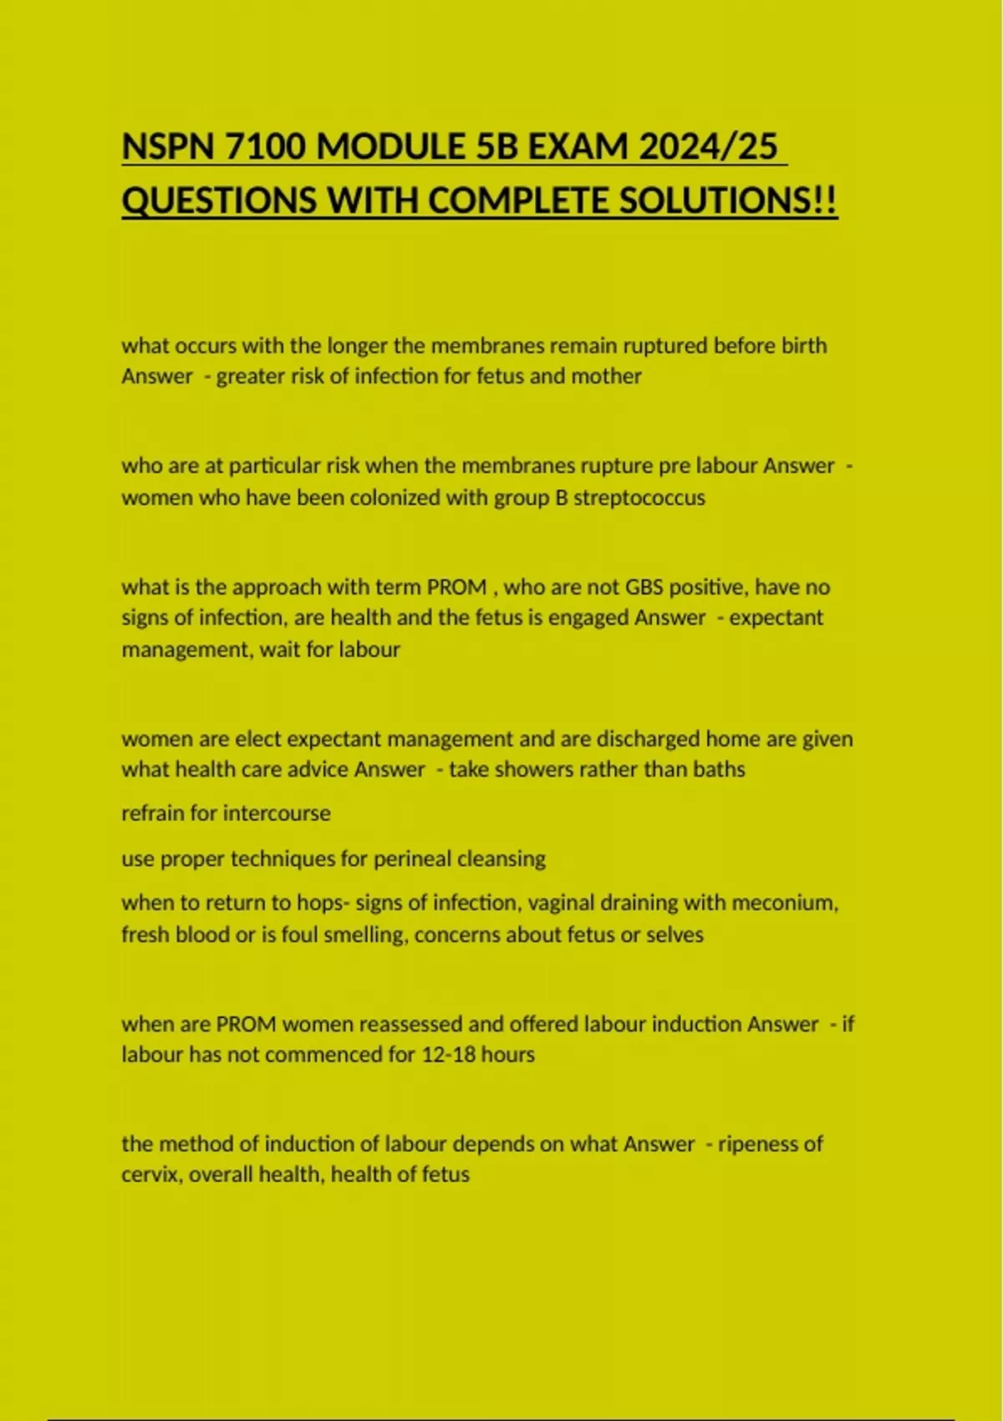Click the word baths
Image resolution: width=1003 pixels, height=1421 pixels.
tap(718, 769)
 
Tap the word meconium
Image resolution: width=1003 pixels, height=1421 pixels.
tap(789, 903)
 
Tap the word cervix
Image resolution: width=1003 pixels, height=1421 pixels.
tap(151, 1174)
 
